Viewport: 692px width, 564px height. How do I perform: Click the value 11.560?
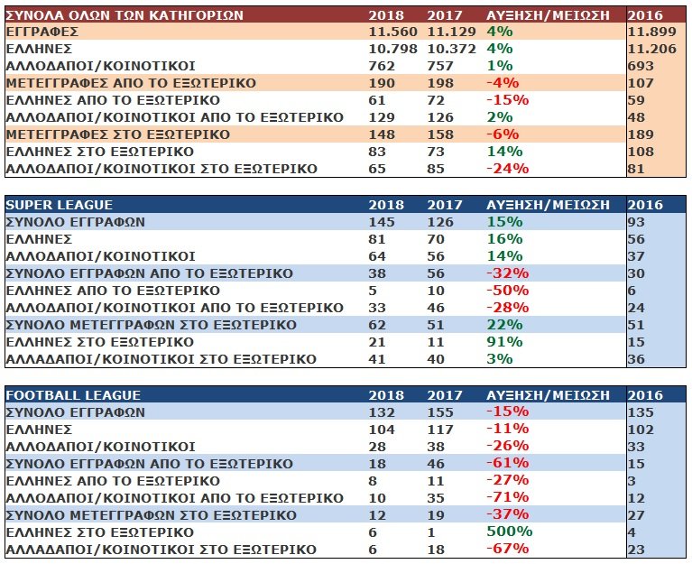(x=392, y=32)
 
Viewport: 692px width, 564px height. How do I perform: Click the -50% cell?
(x=507, y=291)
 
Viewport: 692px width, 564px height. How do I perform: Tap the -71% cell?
(x=507, y=497)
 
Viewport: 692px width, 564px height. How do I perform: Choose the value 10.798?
(x=392, y=49)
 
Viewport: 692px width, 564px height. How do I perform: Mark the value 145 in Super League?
(x=381, y=222)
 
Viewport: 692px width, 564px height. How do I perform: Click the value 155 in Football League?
(x=438, y=412)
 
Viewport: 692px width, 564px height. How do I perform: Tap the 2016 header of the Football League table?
(x=644, y=395)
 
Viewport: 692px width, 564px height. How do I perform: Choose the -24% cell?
(x=507, y=169)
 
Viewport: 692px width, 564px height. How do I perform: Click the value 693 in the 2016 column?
(x=642, y=66)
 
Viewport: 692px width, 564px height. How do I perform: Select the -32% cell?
(x=507, y=273)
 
